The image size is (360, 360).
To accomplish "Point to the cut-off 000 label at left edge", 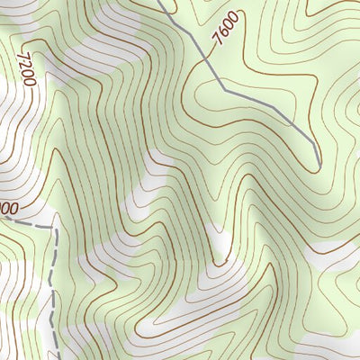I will (x=9, y=209).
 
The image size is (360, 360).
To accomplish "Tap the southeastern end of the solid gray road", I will (x=319, y=166).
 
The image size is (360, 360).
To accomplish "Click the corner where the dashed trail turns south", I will (x=54, y=227).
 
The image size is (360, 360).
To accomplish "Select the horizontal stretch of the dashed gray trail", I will (x=31, y=221).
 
